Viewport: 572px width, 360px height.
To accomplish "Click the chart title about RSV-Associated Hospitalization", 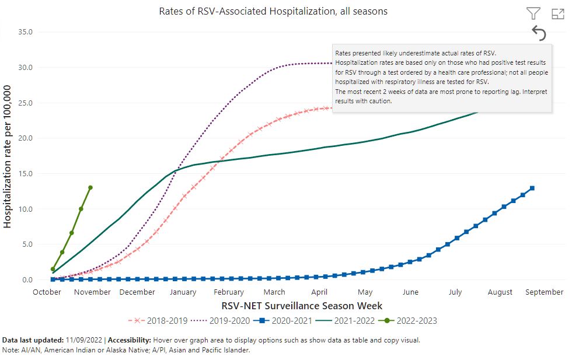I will pos(273,11).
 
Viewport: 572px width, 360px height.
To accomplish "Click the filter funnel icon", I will pos(533,13).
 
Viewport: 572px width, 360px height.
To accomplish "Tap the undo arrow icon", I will pos(539,34).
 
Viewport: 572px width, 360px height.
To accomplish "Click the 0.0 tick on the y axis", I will pos(26,280).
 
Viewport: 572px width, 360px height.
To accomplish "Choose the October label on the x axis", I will pos(47,292).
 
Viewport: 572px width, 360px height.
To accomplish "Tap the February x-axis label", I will pos(229,292).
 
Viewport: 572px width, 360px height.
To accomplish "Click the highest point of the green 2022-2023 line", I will pos(90,187).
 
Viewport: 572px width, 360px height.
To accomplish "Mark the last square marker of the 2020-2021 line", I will pos(532,188).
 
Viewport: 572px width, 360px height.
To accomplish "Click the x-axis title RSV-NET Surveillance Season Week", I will pos(302,305).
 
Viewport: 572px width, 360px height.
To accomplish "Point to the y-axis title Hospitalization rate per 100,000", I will pos(8,156).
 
